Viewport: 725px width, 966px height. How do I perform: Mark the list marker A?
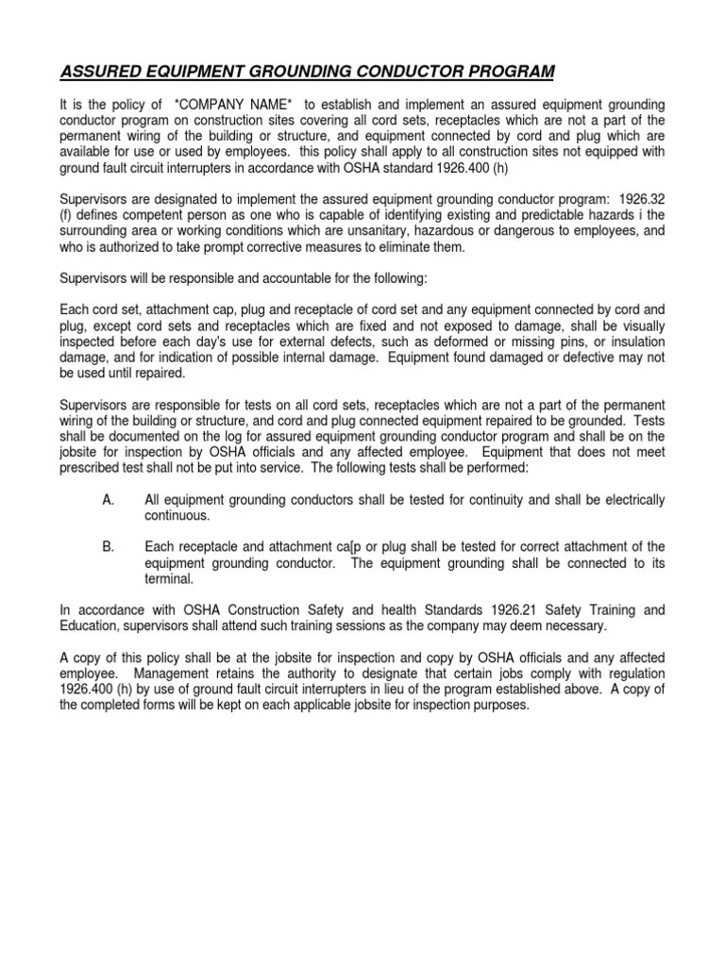coord(108,498)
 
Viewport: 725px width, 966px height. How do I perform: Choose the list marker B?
coord(108,546)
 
